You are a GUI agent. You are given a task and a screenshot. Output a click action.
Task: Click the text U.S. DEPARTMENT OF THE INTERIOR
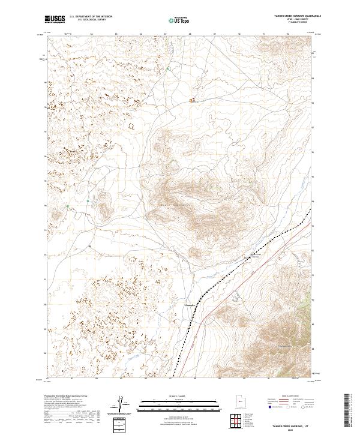(91, 16)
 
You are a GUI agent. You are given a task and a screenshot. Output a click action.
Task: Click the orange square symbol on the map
(193, 100)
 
